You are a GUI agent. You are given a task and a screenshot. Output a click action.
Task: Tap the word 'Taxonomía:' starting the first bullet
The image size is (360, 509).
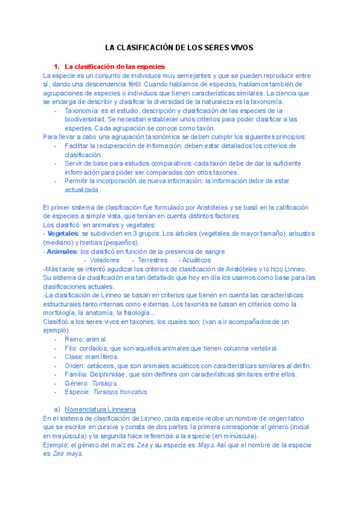pos(82,110)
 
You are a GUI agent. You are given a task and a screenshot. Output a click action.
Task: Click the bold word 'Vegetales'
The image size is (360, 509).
pos(63,233)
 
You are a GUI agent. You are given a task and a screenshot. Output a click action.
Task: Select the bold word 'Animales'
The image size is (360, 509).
pos(62,251)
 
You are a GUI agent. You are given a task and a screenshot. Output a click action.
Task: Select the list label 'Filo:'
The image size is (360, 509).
pos(71,348)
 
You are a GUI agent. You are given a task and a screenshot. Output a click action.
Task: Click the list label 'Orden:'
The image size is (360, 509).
pos(76,366)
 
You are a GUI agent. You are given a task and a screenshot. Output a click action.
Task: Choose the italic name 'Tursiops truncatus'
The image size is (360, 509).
pos(120,392)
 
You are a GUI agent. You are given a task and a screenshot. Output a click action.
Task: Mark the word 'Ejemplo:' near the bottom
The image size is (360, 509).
pos(56,445)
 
